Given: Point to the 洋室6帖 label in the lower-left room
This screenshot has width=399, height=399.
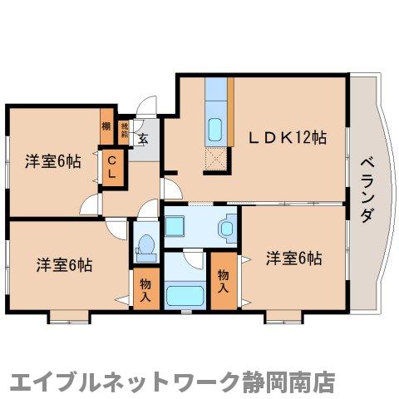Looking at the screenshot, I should coord(63,265).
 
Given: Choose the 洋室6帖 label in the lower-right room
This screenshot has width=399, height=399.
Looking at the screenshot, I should coord(293,259).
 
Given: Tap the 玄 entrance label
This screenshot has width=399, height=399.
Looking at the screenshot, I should coord(143,139).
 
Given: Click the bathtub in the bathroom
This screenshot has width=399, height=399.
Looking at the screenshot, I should coord(185,296).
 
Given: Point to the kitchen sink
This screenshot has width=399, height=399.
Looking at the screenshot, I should coord(214,130).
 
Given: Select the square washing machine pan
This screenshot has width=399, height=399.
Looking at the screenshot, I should coord(177,224).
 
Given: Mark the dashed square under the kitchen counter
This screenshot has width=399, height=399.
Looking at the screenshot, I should coord(216,158).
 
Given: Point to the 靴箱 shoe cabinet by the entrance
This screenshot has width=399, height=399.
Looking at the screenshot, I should coord(125,131).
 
